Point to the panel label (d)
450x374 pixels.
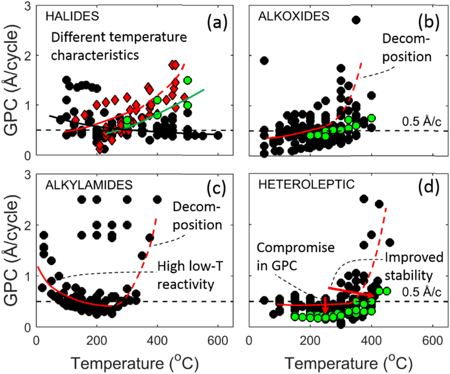(429, 188)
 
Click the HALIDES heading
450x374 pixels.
(72, 16)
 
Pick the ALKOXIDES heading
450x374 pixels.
(293, 16)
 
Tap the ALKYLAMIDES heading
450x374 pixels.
(89, 185)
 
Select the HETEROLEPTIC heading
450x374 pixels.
(306, 184)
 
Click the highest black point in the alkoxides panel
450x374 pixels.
(356, 20)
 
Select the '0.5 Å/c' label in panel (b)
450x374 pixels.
(421, 122)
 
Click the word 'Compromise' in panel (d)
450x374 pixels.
(295, 248)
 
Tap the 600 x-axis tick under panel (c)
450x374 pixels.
(218, 341)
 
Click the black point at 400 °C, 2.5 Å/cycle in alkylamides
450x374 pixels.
(157, 199)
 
